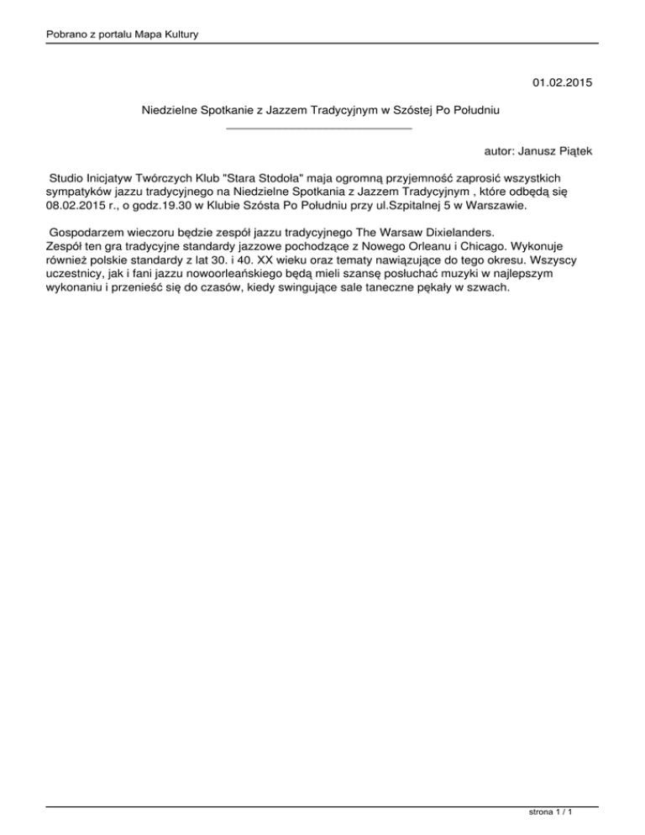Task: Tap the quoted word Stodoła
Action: point(267,178)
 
